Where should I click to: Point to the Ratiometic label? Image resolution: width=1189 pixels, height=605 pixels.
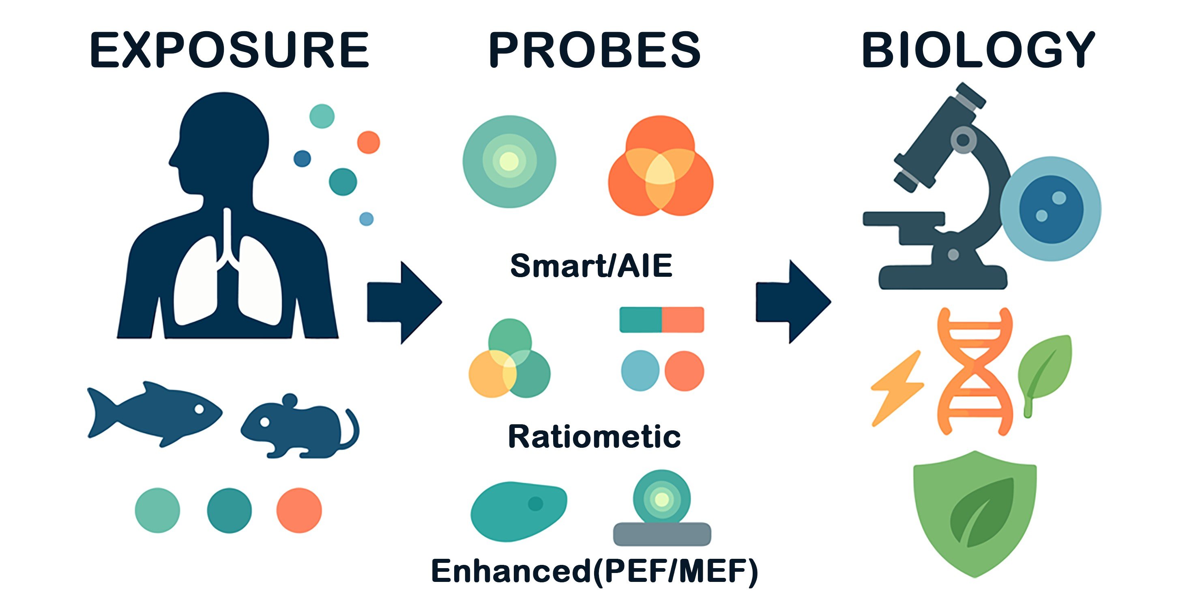tap(594, 436)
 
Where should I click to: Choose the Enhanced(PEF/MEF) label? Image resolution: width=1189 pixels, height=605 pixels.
tap(594, 571)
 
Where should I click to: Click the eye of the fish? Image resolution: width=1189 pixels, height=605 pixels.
tap(199, 409)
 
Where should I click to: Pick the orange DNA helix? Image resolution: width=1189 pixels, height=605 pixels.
tap(975, 372)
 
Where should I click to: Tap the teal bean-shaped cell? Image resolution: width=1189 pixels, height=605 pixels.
tap(518, 511)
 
